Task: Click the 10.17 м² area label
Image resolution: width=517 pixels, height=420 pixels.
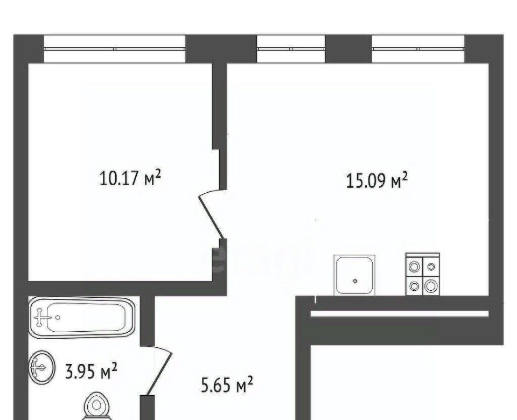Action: pos(130,178)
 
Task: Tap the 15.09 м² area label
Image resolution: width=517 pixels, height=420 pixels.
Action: pos(377,180)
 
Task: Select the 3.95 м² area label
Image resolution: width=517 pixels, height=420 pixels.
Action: pos(92,372)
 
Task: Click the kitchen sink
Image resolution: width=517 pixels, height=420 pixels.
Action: pos(354,275)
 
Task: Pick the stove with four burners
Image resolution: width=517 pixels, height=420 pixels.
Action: pos(423,274)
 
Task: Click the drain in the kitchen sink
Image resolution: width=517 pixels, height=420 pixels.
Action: pos(355,281)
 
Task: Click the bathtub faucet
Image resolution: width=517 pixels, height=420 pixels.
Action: pos(40,318)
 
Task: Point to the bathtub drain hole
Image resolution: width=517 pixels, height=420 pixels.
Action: pos(58,318)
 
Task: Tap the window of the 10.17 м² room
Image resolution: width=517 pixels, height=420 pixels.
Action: pos(115,49)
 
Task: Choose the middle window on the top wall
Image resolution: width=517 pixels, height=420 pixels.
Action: pos(291,49)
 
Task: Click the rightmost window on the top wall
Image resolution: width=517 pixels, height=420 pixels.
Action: pos(418,49)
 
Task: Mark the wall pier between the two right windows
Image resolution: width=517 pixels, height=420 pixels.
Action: pos(349,49)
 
